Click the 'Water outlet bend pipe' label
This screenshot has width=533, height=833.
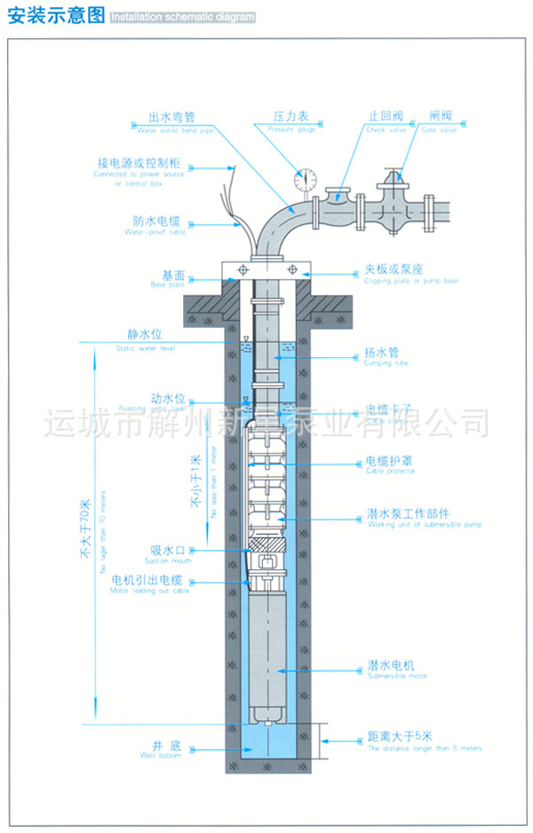coord(176,130)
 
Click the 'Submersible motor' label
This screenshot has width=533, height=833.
coord(397,676)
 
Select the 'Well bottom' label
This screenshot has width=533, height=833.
coord(159,757)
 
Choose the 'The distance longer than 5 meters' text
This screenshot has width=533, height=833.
coord(425,749)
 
